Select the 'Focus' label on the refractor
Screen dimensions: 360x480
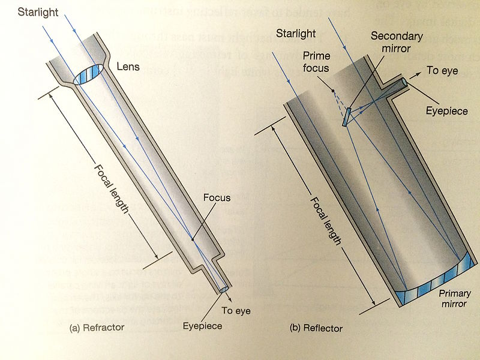coord(217,197)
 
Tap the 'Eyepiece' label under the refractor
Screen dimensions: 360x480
coord(202,326)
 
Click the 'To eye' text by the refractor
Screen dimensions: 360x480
coord(236,311)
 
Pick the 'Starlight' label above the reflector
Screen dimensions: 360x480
coord(296,33)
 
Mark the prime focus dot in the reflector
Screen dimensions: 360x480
coord(331,91)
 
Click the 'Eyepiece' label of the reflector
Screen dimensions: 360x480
coord(446,112)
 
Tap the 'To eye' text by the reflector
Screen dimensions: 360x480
coord(442,71)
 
